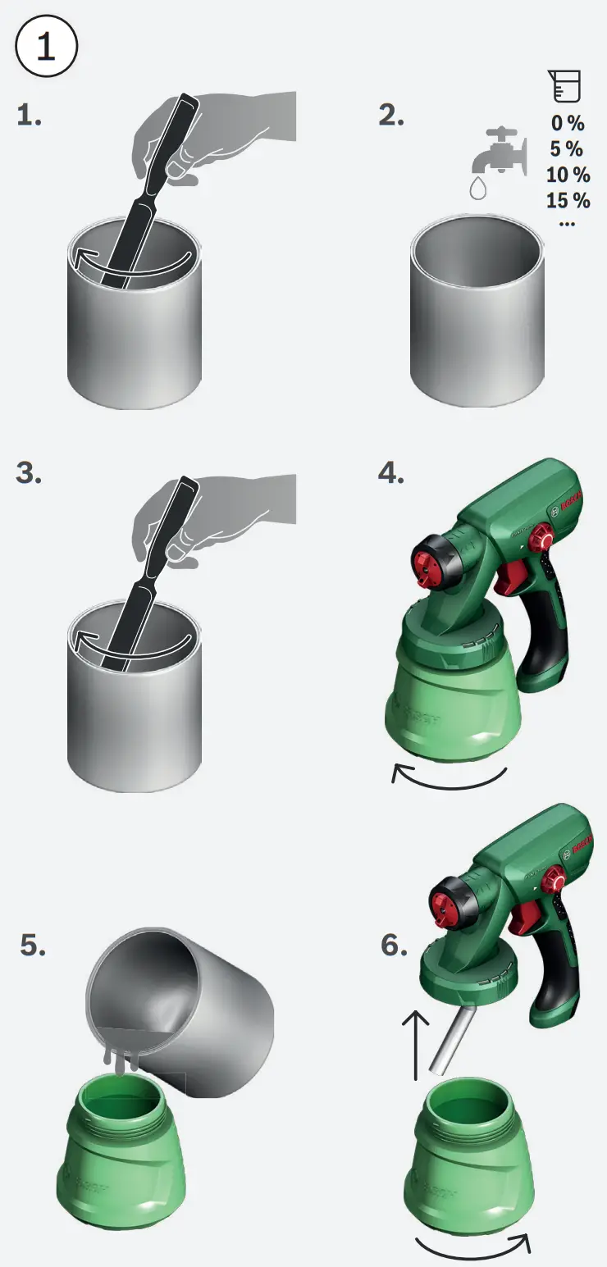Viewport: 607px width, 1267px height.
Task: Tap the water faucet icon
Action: pos(500,152)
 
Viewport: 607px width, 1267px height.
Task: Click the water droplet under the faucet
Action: pos(478,188)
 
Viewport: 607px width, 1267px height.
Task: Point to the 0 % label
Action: pos(568,123)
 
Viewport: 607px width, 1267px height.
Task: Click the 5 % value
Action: pos(567,148)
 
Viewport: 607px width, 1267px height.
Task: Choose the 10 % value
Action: pos(568,175)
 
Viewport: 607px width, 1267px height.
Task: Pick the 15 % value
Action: pos(568,200)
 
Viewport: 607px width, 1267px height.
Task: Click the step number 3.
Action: pos(29,473)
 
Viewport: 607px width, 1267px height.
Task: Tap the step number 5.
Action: pos(33,946)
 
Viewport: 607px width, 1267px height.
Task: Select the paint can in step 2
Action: pos(477,312)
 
